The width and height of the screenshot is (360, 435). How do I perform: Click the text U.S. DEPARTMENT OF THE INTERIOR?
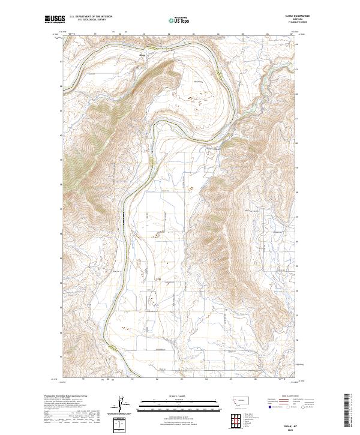[x=91, y=17]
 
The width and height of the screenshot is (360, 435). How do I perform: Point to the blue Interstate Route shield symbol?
[x=266, y=406]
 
